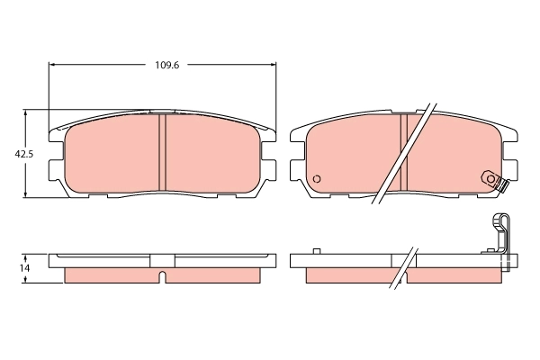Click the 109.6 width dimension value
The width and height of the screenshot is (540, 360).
tap(163, 65)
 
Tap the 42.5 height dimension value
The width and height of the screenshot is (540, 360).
tap(23, 154)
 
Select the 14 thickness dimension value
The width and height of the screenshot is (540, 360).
tap(25, 268)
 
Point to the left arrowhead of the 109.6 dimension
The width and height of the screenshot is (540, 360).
tap(52, 65)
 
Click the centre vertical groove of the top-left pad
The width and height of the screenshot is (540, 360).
tap(163, 152)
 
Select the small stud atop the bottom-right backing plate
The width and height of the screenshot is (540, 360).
tap(316, 251)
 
